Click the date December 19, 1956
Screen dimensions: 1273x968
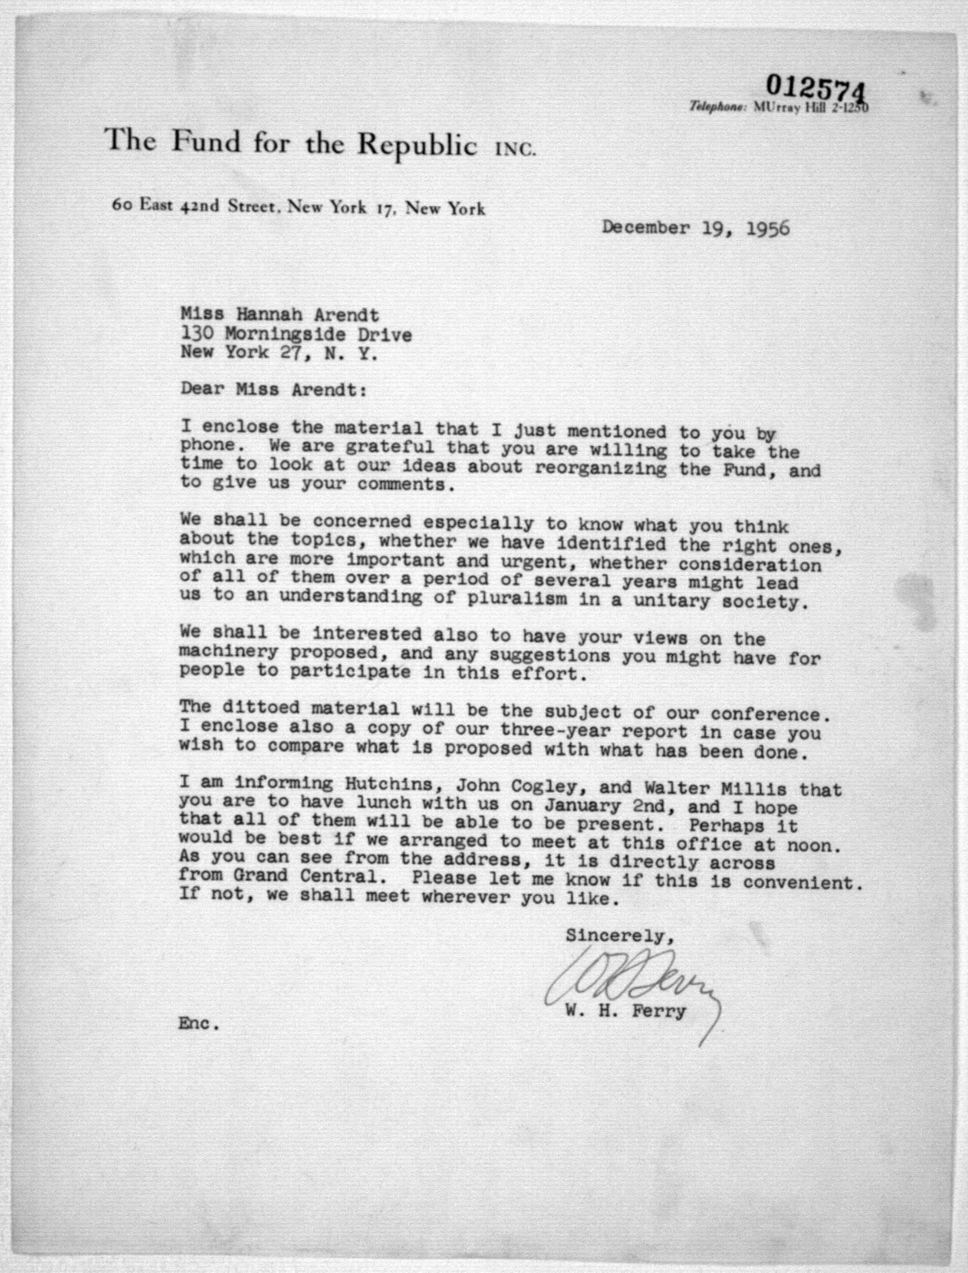point(695,228)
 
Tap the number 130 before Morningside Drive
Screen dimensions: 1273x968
point(197,334)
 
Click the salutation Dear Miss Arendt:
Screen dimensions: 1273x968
point(273,390)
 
